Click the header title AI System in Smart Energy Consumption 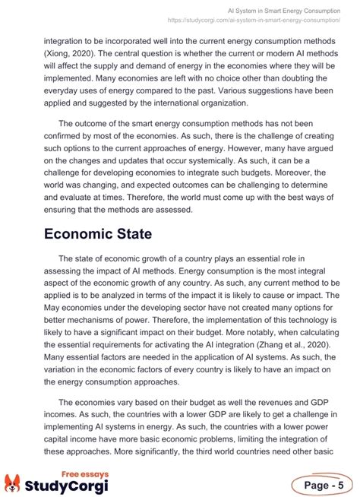[283, 11]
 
